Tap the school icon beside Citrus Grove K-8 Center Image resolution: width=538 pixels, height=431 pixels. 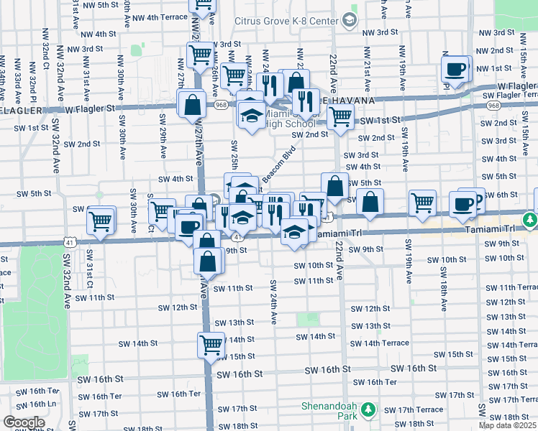click(350, 20)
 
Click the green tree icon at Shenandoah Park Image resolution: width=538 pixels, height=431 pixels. click(368, 410)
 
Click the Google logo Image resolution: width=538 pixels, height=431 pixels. click(24, 422)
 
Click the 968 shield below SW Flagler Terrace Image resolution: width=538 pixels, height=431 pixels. click(493, 105)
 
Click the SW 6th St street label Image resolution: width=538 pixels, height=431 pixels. click(501, 195)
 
